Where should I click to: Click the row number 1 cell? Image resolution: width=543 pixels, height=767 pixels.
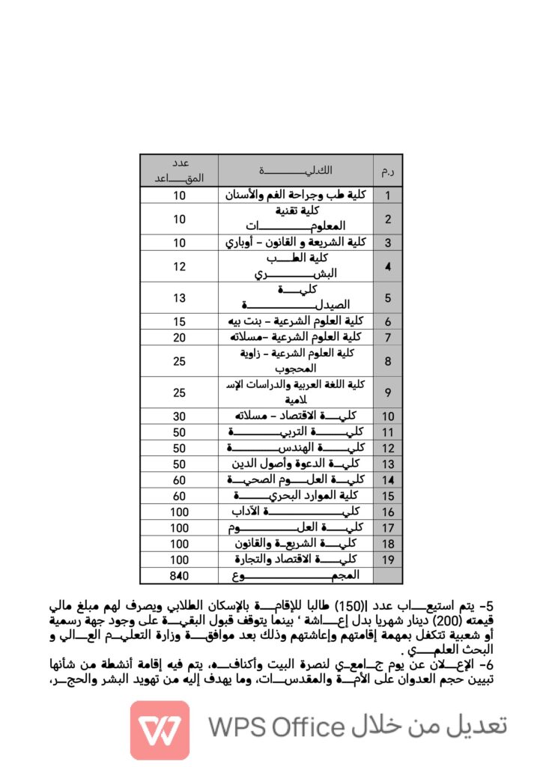pyautogui.click(x=388, y=195)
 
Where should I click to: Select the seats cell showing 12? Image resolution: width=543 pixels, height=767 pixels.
pyautogui.click(x=179, y=267)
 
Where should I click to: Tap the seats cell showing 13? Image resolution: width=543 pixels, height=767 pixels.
pyautogui.click(x=179, y=298)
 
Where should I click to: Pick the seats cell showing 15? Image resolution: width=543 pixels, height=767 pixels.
pyautogui.click(x=179, y=321)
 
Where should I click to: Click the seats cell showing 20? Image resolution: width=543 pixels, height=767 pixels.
pyautogui.click(x=179, y=337)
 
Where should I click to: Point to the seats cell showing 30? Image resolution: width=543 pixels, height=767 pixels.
pyautogui.click(x=179, y=416)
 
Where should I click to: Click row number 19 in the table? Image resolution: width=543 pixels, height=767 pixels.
pyautogui.click(x=388, y=560)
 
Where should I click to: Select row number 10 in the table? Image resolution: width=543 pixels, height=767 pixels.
pyautogui.click(x=388, y=416)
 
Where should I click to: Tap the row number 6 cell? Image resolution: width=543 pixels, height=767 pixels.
pyautogui.click(x=388, y=321)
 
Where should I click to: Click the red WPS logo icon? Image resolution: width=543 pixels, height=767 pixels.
pyautogui.click(x=160, y=730)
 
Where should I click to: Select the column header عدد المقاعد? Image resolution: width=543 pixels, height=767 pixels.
pyautogui.click(x=179, y=171)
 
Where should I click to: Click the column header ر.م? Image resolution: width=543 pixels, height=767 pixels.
pyautogui.click(x=388, y=172)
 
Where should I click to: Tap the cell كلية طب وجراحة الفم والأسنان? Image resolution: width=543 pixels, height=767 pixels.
pyautogui.click(x=296, y=195)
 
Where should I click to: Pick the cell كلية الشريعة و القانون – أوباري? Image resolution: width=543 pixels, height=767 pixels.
pyautogui.click(x=296, y=243)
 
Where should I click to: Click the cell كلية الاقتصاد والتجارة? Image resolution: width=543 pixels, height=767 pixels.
pyautogui.click(x=296, y=560)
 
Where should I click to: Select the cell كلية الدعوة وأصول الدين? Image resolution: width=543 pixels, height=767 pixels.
pyautogui.click(x=296, y=464)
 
